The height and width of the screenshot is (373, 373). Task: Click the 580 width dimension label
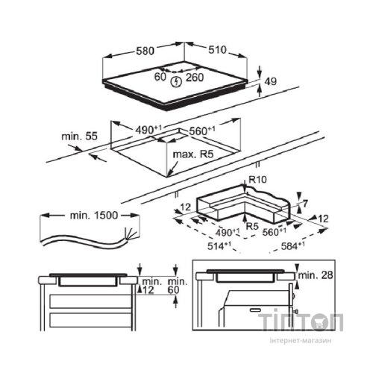(x=145, y=51)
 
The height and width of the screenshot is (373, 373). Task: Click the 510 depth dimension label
(x=217, y=50)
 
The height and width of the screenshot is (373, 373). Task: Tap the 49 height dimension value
(x=270, y=81)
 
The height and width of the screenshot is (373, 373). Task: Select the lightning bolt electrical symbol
(x=176, y=82)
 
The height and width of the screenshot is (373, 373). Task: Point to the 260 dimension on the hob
(x=195, y=78)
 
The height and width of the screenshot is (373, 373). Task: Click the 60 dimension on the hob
(x=160, y=77)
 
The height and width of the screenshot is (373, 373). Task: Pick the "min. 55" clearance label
(x=80, y=137)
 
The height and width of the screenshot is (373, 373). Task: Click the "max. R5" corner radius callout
(x=193, y=154)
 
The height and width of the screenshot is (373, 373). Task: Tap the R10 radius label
(x=257, y=179)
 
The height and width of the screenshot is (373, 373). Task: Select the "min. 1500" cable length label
(x=94, y=216)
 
